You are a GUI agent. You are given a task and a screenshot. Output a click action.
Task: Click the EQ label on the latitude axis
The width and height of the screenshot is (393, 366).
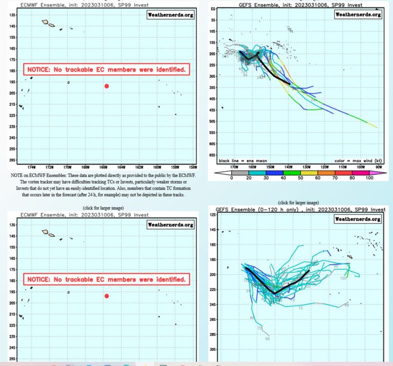click(213, 9)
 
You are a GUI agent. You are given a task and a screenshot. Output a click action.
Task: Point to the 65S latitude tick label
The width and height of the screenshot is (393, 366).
click(213, 154)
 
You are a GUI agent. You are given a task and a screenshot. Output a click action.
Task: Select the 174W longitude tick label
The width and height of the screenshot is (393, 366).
click(31, 167)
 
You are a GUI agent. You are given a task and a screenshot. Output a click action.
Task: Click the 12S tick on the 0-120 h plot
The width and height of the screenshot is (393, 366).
click(213, 215)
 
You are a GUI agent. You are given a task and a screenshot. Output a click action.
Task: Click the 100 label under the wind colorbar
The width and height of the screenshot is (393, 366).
click(369, 178)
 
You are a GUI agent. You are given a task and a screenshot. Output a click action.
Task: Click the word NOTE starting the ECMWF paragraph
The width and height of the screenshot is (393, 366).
click(17, 176)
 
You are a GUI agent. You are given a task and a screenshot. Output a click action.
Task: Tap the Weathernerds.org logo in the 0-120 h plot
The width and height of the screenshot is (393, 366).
click(358, 219)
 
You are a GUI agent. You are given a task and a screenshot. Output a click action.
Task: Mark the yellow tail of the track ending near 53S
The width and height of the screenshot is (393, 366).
click(371, 124)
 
